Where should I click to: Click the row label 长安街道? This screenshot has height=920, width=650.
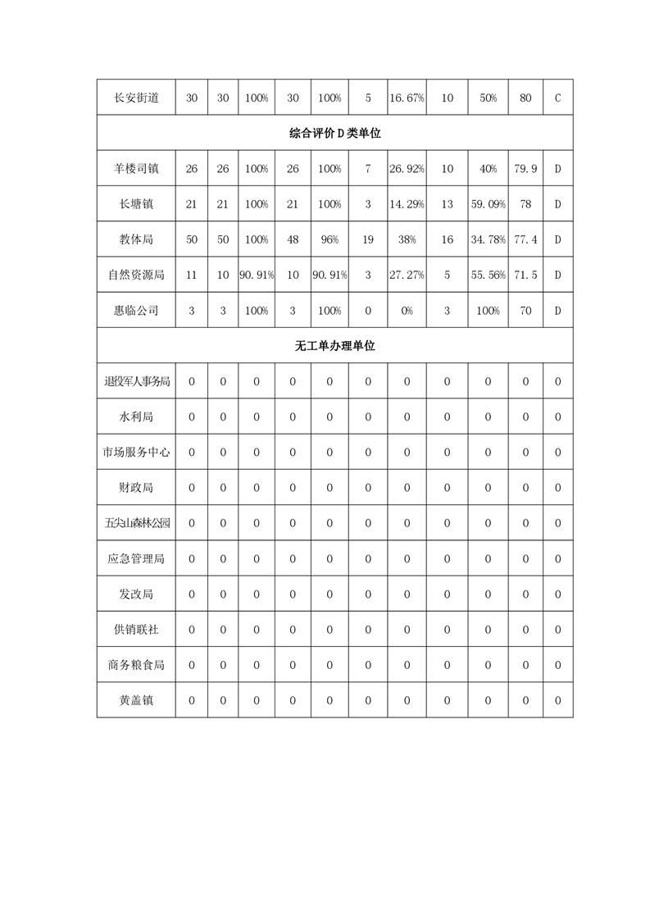pyautogui.click(x=136, y=98)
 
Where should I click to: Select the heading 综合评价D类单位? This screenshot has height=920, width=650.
pyautogui.click(x=334, y=134)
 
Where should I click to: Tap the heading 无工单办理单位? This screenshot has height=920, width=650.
pyautogui.click(x=334, y=346)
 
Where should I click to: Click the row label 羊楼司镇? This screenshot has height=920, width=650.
pyautogui.click(x=136, y=169)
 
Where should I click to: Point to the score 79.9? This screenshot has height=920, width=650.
pyautogui.click(x=525, y=169)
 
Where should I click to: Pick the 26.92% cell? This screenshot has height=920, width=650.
pyautogui.click(x=407, y=169)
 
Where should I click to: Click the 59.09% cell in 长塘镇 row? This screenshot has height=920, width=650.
pyautogui.click(x=488, y=204)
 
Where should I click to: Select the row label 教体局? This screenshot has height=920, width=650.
pyautogui.click(x=136, y=239)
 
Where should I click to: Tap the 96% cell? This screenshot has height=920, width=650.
pyautogui.click(x=330, y=239)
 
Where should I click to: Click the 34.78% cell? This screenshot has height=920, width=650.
pyautogui.click(x=488, y=239)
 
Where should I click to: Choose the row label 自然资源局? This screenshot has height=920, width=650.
pyautogui.click(x=136, y=275)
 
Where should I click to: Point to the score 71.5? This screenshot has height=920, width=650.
pyautogui.click(x=525, y=275)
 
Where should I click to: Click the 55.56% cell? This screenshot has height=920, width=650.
pyautogui.click(x=488, y=275)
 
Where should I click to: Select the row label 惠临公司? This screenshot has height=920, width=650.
pyautogui.click(x=136, y=311)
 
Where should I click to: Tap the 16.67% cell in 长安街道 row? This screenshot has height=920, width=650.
pyautogui.click(x=407, y=98)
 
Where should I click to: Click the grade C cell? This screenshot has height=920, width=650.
pyautogui.click(x=557, y=98)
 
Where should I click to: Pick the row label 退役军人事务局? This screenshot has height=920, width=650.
pyautogui.click(x=136, y=381)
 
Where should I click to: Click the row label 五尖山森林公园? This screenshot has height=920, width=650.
pyautogui.click(x=136, y=523)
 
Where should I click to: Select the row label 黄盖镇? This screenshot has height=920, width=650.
pyautogui.click(x=136, y=700)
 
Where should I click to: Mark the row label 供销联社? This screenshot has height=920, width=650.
pyautogui.click(x=136, y=629)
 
